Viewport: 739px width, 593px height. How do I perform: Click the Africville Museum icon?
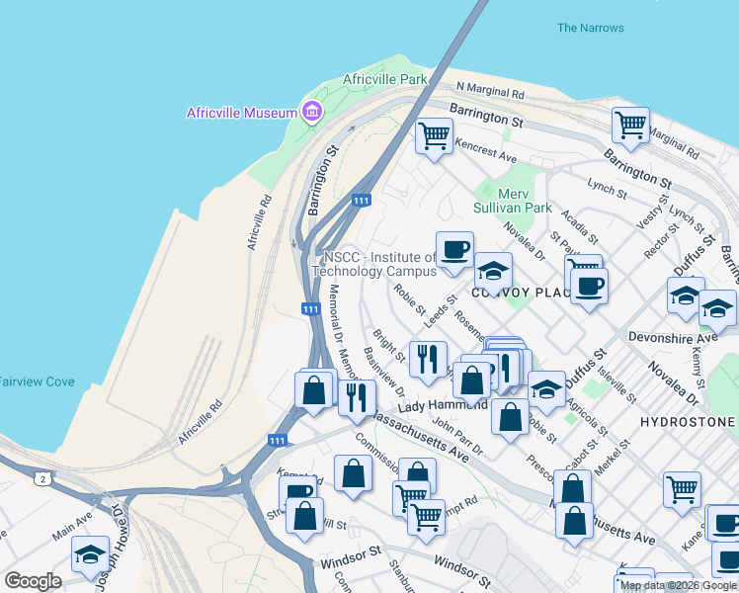coord(313,111)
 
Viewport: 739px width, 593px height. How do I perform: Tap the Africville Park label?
coord(385,79)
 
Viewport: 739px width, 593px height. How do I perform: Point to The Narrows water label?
coord(590,28)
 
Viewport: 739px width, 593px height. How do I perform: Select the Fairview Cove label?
coord(37,381)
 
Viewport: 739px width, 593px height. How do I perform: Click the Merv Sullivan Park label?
coord(526,202)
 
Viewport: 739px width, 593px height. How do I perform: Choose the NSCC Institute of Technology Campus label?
coord(374,264)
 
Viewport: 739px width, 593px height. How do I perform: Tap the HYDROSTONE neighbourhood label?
coord(687,422)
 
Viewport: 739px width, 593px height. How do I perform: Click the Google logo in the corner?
coord(33,581)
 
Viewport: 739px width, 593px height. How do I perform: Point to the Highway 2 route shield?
coord(42,478)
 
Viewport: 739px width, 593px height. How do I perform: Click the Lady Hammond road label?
coord(443,406)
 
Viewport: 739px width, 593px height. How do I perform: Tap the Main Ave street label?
coord(71,523)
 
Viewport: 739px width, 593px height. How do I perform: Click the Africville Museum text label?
coord(242,112)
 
